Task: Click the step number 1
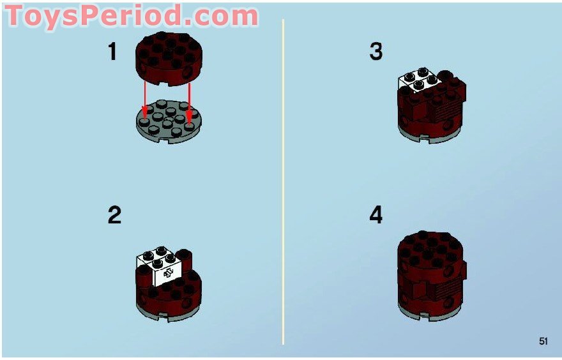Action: coord(112,51)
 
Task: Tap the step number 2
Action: coord(114,215)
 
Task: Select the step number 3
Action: coord(376,51)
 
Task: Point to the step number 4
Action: coord(376,215)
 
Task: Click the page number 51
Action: coord(543,341)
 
